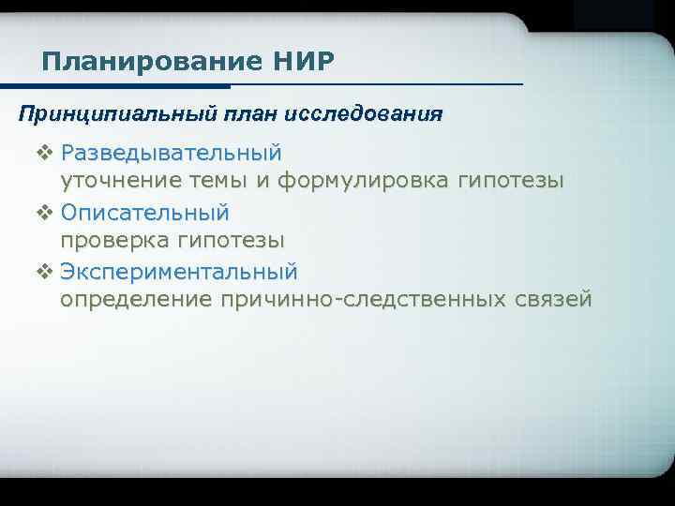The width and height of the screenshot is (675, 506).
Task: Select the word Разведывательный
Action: pos(171,152)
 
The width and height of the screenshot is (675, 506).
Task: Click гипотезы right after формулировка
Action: pos(510,182)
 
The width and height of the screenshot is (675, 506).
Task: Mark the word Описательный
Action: pos(145,212)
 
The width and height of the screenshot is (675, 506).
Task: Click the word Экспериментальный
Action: pos(179,272)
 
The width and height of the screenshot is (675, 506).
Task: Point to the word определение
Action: pos(137,301)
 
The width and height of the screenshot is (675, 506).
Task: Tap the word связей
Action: pos(554,301)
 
